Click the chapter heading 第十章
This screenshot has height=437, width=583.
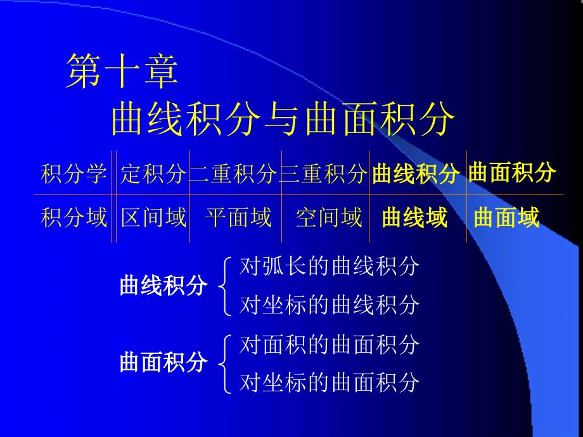click(122, 70)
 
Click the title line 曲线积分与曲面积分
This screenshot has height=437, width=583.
click(283, 119)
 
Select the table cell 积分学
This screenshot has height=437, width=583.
click(74, 174)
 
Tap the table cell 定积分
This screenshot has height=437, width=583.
click(153, 174)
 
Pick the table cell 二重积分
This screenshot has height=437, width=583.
click(233, 174)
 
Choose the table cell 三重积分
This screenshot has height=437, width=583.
click(324, 174)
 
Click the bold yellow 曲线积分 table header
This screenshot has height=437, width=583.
click(416, 173)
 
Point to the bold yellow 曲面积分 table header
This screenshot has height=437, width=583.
click(512, 172)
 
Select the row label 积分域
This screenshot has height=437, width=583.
click(74, 217)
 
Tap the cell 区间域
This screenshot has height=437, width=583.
click(153, 217)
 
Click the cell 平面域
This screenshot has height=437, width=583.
click(238, 217)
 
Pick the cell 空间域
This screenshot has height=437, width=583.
click(329, 217)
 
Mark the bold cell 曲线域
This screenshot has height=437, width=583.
click(415, 217)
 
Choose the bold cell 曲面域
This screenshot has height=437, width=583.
click(506, 217)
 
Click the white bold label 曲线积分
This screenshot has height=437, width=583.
click(163, 286)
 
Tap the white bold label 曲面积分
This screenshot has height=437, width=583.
click(163, 362)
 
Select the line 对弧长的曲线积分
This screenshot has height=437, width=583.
click(330, 266)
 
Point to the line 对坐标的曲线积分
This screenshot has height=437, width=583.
click(330, 305)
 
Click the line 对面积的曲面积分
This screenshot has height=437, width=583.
click(330, 345)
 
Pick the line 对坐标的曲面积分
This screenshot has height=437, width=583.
click(330, 383)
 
